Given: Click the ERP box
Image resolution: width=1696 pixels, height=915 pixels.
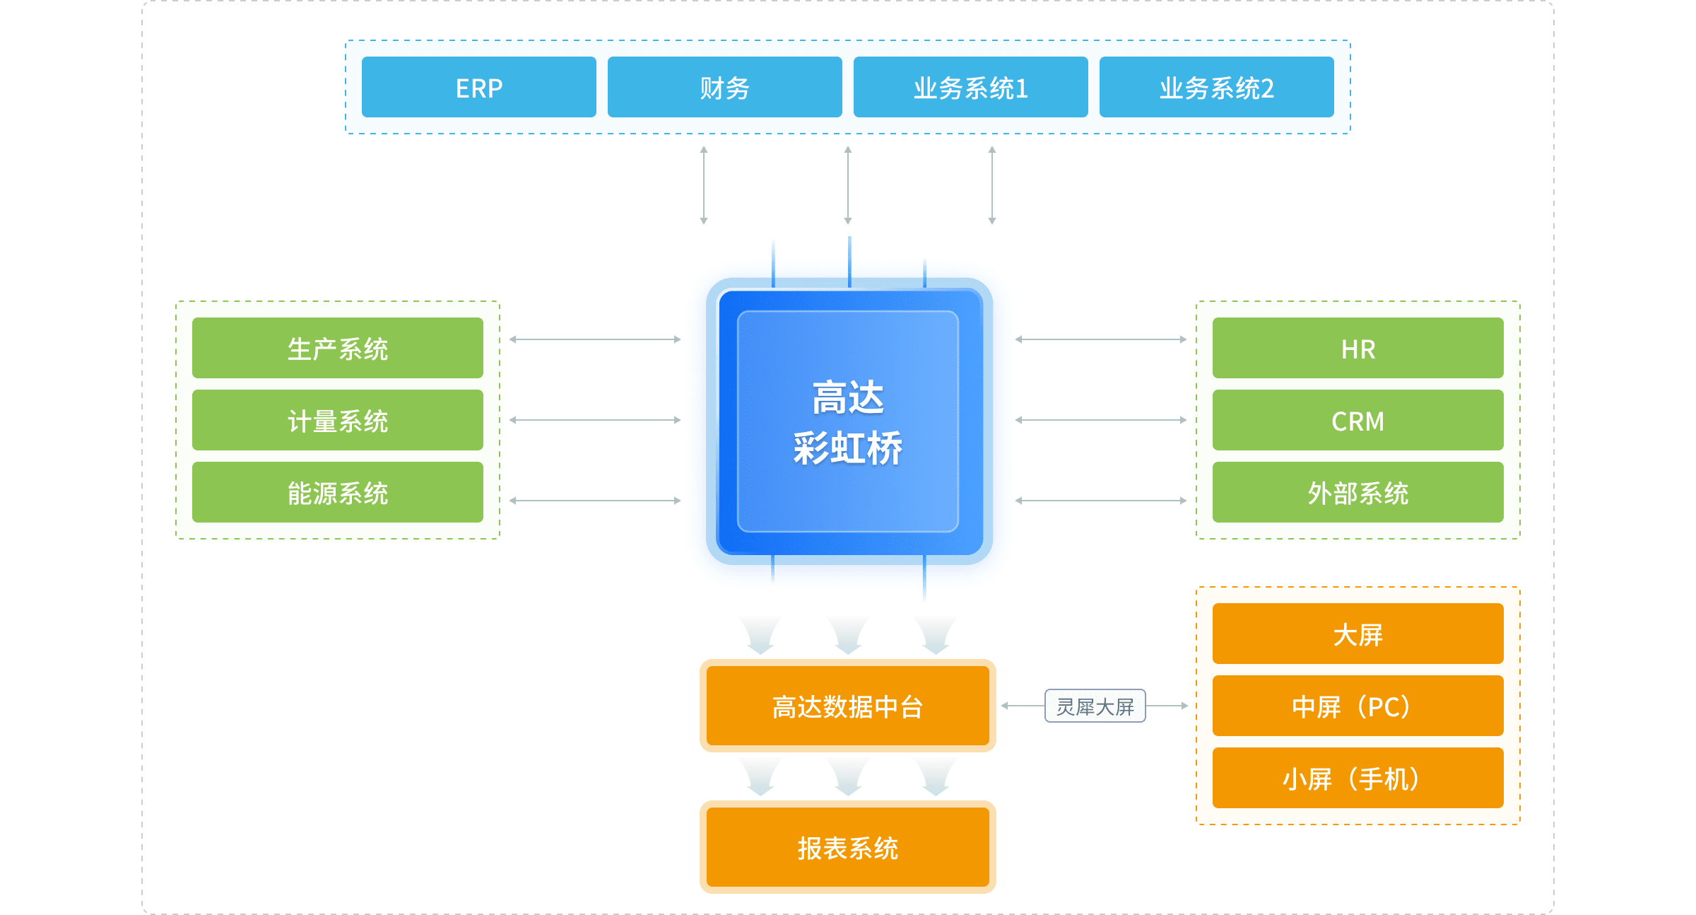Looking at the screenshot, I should tap(478, 88).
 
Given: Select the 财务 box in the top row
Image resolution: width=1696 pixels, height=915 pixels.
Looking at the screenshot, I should tap(724, 88).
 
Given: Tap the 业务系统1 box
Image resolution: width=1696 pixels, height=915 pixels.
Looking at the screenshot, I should tap(970, 88).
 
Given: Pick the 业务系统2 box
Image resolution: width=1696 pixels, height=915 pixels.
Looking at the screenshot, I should tap(1216, 88).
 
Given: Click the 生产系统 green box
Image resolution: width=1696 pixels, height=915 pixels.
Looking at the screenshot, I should tap(338, 349).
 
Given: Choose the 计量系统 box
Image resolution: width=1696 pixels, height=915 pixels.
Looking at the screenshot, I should tap(338, 421).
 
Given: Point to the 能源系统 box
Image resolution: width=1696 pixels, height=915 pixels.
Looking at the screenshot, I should tap(338, 493).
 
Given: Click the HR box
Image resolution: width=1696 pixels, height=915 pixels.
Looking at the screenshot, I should tap(1358, 349).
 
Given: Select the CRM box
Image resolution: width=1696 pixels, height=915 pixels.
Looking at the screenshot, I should tap(1358, 421).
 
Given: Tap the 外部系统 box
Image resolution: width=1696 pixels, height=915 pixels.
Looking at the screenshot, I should tap(1358, 493).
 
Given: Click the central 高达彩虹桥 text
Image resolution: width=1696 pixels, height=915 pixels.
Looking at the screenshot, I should tap(847, 422).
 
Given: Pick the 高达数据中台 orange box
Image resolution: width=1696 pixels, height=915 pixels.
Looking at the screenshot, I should tap(847, 706).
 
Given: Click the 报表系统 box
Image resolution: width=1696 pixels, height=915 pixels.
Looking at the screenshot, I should tap(847, 847).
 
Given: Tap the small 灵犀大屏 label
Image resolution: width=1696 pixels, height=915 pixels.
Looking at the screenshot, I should tap(1095, 706).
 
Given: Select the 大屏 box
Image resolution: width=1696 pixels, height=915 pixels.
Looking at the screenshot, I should tap(1358, 634).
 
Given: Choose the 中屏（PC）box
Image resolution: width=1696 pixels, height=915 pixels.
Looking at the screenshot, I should tap(1358, 706).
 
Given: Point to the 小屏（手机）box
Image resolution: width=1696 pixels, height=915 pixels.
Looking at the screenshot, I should tap(1358, 779).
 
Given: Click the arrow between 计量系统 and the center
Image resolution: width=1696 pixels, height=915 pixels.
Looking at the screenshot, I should tap(595, 420).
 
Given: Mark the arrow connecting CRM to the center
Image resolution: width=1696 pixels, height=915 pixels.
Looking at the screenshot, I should tap(1101, 420).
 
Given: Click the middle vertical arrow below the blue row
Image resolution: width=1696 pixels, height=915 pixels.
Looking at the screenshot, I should tap(848, 185).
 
